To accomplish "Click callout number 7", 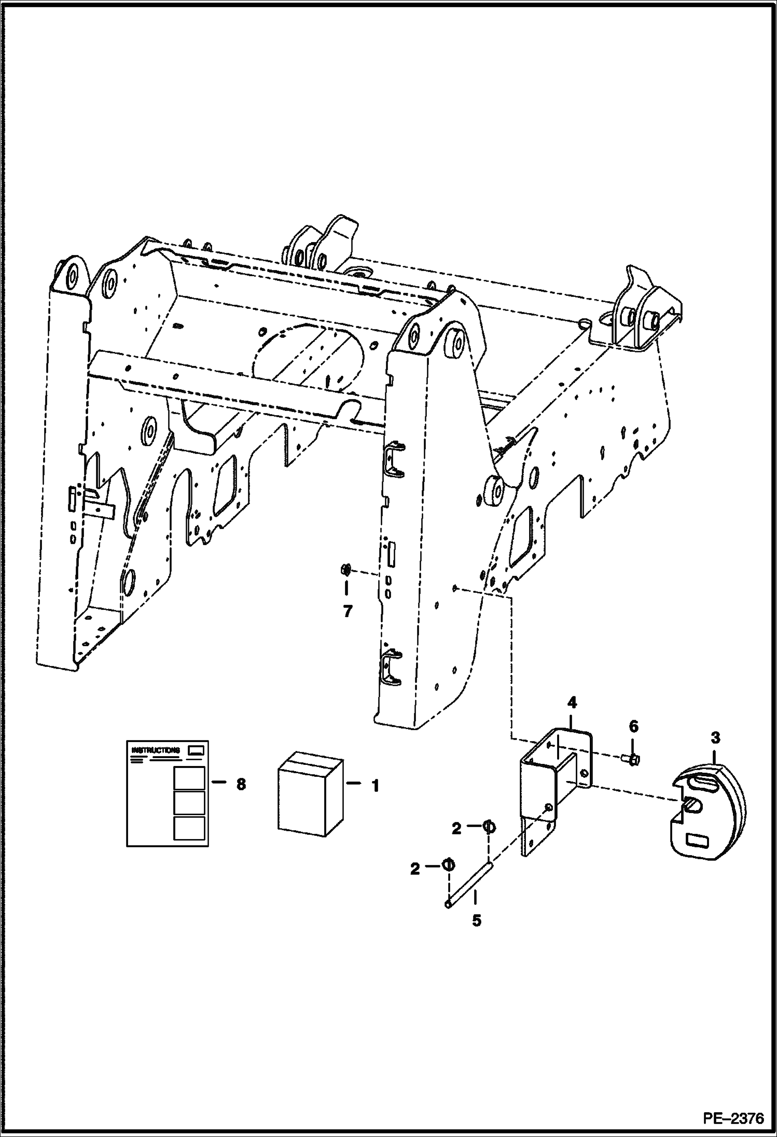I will point(347,612).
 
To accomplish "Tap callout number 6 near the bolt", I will point(633,727).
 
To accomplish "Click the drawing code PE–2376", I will point(733,1119).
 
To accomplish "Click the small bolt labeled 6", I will point(632,759).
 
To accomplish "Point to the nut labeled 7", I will point(344,571).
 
